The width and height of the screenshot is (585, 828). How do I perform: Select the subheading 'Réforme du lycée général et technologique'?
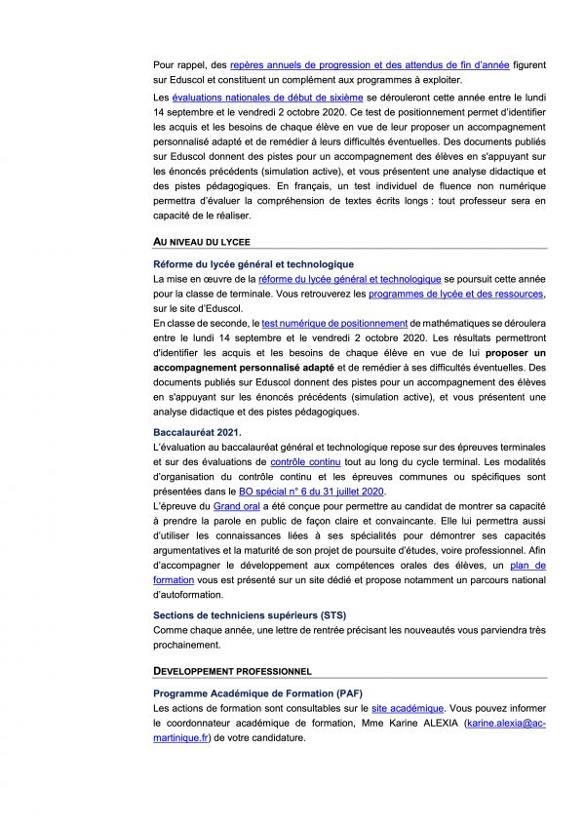tap(253, 264)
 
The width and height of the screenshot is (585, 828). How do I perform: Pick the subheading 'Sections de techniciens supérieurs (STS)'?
tap(250, 614)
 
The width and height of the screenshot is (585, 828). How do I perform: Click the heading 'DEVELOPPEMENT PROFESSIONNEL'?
tap(232, 671)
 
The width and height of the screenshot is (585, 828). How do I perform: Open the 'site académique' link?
tap(408, 708)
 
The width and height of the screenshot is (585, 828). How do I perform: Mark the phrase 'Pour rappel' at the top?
tap(176, 64)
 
